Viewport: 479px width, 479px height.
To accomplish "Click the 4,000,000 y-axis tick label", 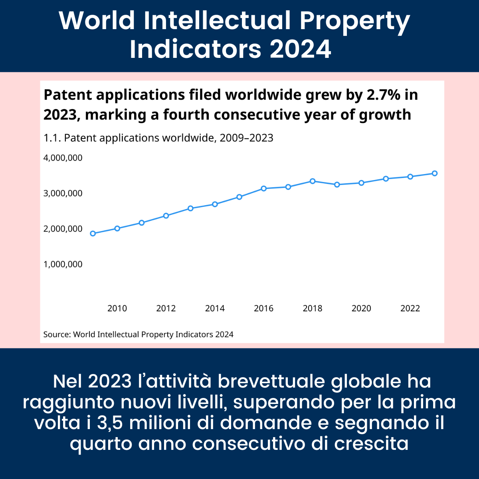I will coord(63,158).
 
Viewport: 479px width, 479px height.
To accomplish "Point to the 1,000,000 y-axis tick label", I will coord(63,264).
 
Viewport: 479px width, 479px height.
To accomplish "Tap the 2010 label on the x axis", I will coord(117,308).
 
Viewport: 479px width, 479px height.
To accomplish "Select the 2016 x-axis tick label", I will coord(264,308).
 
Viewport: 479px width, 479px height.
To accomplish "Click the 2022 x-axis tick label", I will coord(410,308).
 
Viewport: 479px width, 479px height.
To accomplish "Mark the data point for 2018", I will coord(313,181).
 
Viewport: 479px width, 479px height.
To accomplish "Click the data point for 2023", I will coord(435,173).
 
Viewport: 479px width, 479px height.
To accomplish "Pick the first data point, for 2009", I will coord(93,234).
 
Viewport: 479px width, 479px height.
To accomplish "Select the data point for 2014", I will coord(215,204).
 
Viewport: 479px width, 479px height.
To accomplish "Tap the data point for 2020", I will coord(361,183).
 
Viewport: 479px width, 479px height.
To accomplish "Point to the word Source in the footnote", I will coord(56,335).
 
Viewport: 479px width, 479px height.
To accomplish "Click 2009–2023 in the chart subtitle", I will coord(247,138).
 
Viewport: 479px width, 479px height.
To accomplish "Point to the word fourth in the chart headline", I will coord(186,115).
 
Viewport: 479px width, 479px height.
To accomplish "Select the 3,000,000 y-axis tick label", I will coord(63,193).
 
